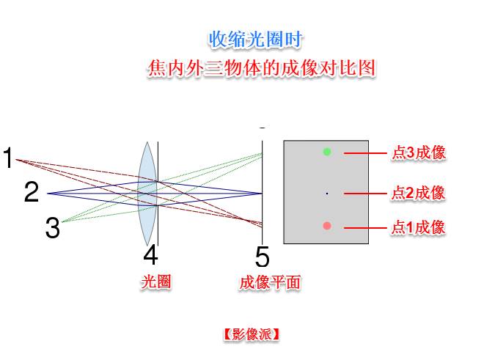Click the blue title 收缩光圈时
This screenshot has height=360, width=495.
pos(255,40)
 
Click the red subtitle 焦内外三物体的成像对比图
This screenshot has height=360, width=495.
pos(262,67)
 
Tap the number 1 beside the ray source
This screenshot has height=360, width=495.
pos(7,158)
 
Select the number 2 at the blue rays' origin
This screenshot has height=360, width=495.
pos(32,192)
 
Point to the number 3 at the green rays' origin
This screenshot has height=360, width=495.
pos(52,227)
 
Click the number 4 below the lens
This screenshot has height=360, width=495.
pos(150,255)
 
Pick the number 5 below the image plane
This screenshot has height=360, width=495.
pos(263,257)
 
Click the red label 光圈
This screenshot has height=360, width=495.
pos(156,282)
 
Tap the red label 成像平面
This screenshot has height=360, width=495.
pos(270,282)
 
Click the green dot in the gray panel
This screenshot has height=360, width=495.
pos(327,152)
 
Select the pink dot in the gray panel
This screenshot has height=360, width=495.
pos(327,226)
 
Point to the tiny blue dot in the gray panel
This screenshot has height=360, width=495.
pos(327,193)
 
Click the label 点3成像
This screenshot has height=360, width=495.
pos(419,153)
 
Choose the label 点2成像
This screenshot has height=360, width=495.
pos(418,193)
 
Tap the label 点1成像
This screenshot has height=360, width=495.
pos(418,227)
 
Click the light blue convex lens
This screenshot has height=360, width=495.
pos(147,193)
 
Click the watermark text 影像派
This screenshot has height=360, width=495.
pos(252,334)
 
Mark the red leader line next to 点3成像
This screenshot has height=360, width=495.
pos(365,153)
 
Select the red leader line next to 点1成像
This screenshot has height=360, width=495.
pos(365,227)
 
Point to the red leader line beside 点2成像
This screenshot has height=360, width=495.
pos(365,193)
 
